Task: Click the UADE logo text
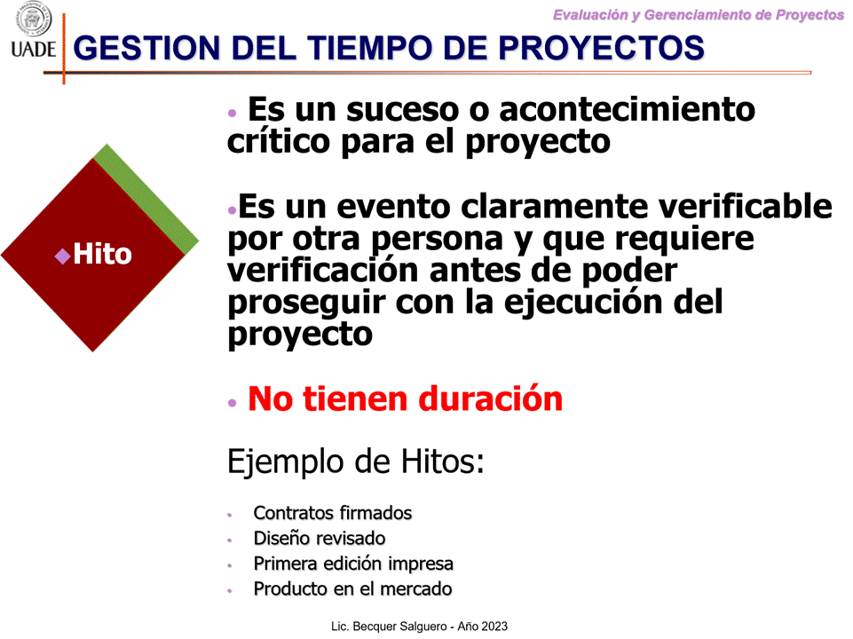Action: coord(33,49)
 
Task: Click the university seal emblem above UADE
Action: coord(33,19)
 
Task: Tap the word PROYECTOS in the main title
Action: coord(601,48)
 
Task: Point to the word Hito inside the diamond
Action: coord(102,254)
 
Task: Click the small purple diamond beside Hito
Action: coord(63,256)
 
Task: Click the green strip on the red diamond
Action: coord(146,199)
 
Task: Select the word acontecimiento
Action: coord(628,109)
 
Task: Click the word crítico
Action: coord(279,142)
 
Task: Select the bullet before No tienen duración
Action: coord(233,403)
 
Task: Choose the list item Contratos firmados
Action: coord(332,513)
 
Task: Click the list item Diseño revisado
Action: coord(320,539)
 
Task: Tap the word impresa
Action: coord(421,564)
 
